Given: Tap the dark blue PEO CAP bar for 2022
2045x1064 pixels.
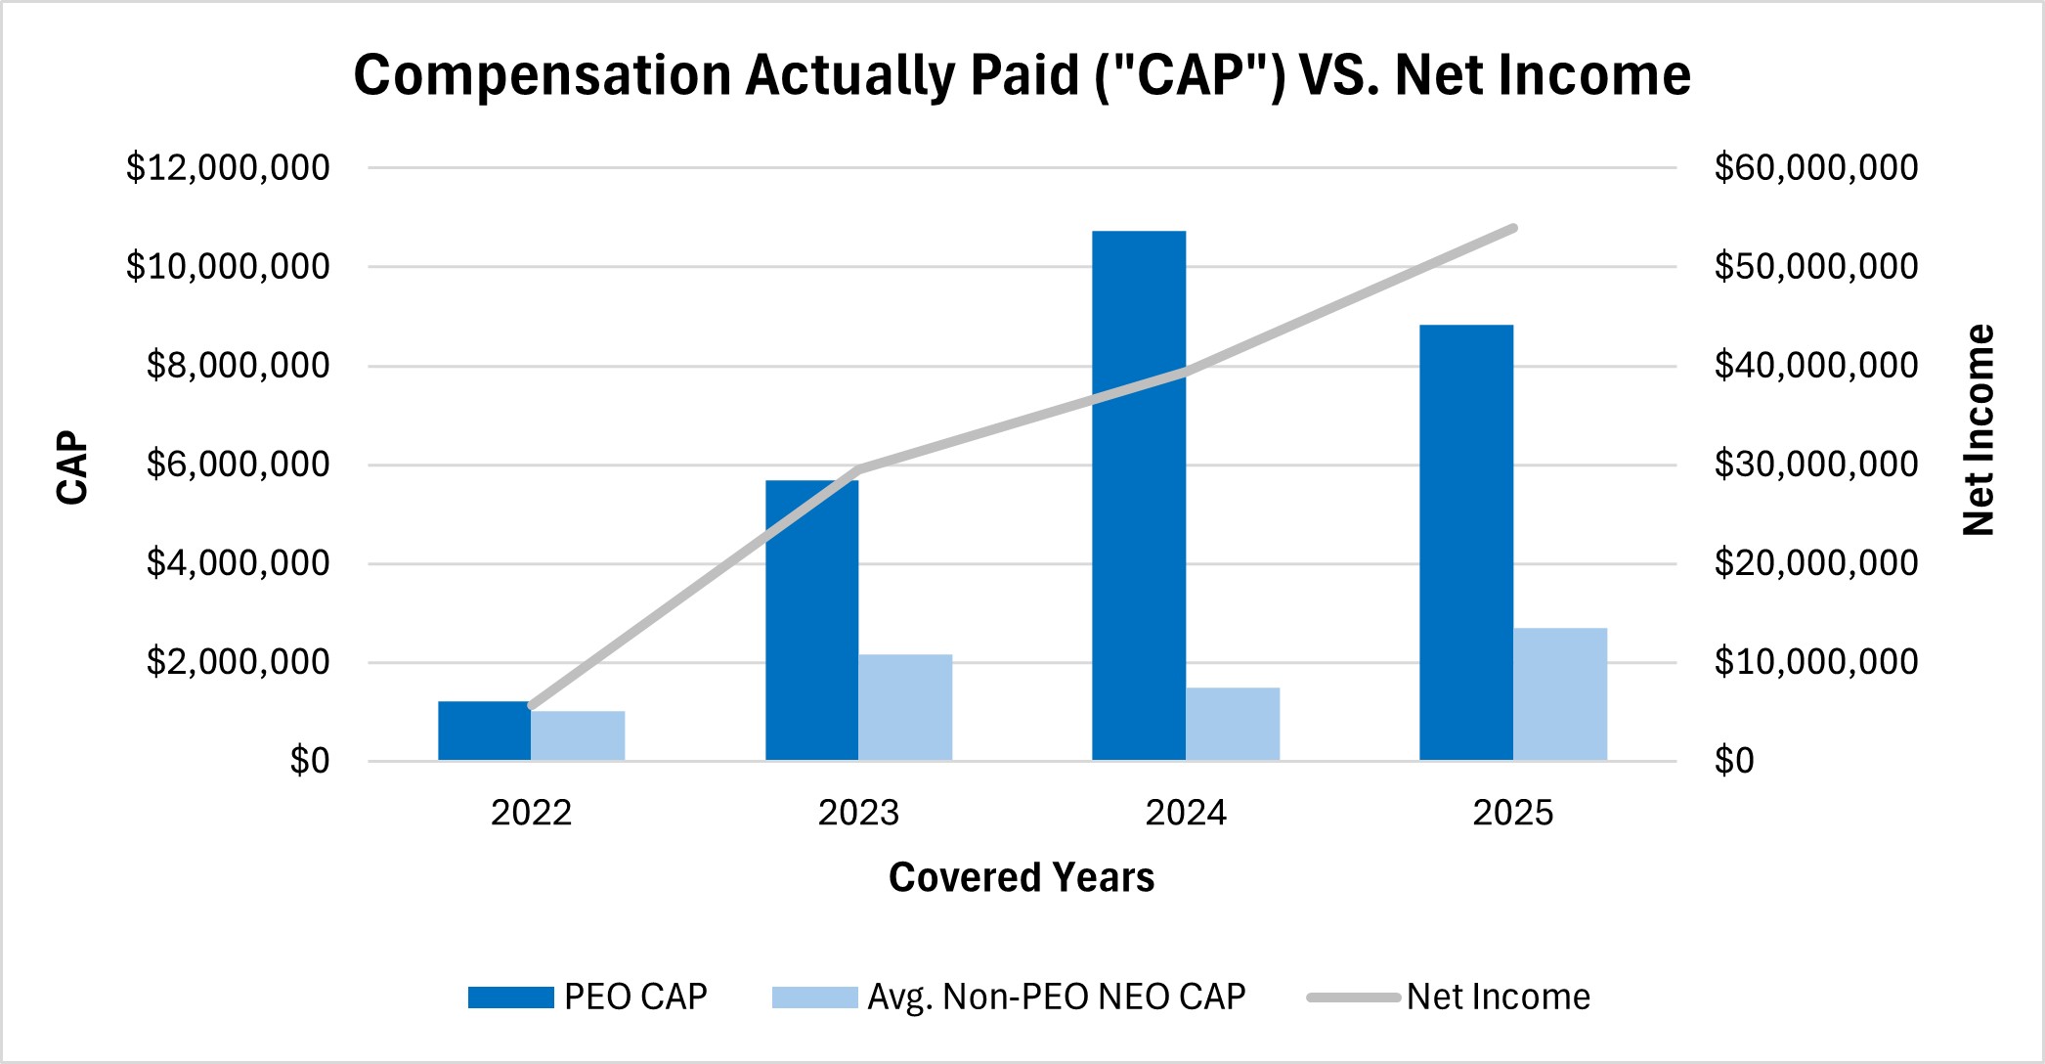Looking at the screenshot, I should coord(484,731).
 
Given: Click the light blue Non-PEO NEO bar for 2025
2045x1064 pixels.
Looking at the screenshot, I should coord(1560,694).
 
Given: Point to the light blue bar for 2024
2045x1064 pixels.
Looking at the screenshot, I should coord(1233,724).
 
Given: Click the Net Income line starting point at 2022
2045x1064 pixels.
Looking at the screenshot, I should coord(532,705).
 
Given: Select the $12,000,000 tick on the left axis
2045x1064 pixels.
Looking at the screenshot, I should coord(228,167).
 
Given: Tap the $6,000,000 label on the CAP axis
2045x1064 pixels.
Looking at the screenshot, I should coord(238,464).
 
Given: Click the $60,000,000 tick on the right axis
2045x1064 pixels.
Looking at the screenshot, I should coord(1815,167).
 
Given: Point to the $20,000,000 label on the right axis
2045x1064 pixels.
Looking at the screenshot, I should coord(1815,562).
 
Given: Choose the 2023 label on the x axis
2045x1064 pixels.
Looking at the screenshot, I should coord(858,813).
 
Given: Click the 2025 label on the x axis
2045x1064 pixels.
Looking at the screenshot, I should coord(1512,813).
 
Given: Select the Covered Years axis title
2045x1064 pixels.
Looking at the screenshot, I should coord(1022,877).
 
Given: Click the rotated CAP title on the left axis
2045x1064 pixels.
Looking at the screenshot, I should coord(73,467).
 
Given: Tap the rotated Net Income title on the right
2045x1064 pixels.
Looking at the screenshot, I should coord(1979,430).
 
